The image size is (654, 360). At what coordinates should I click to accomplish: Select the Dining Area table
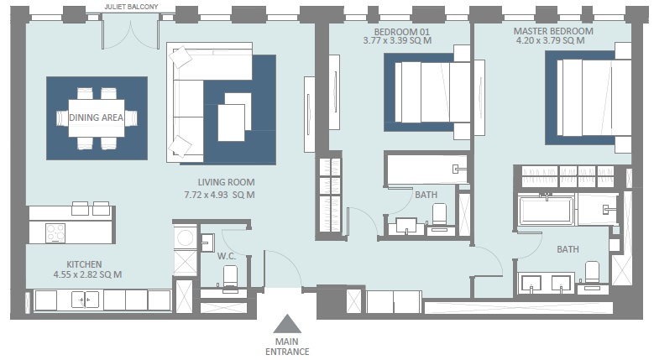click(x=96, y=118)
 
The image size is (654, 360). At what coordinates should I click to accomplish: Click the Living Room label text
click(x=226, y=182)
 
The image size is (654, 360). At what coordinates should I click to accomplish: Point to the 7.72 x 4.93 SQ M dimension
click(x=219, y=195)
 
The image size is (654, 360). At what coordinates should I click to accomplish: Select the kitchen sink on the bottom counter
click(x=85, y=300)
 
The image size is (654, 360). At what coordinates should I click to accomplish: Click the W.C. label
click(x=225, y=256)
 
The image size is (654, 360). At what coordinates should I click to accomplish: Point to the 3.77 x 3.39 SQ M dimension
click(x=397, y=40)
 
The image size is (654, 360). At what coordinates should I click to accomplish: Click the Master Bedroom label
click(x=552, y=31)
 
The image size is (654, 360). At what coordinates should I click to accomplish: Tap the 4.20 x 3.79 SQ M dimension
click(x=551, y=40)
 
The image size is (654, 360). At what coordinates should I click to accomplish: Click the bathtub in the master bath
click(x=546, y=210)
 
